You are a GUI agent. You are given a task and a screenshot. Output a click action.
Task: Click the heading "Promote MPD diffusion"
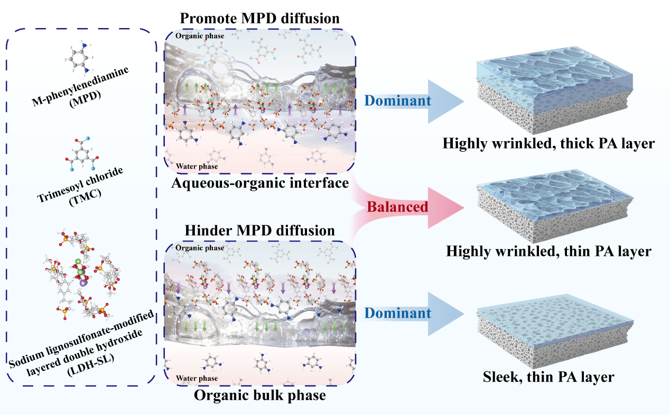[259, 19]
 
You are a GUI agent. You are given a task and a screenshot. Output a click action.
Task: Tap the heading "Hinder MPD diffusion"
[259, 230]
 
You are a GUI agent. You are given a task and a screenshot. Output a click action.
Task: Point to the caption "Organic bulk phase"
[259, 395]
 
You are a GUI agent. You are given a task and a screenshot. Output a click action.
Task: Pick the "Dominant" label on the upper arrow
[398, 100]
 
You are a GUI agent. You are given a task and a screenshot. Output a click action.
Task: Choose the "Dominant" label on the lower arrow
[398, 313]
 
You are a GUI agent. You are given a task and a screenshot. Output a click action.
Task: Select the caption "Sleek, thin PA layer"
[548, 377]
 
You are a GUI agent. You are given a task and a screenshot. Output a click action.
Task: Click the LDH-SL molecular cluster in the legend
[81, 275]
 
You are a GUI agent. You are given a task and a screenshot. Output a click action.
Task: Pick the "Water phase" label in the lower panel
[197, 379]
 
